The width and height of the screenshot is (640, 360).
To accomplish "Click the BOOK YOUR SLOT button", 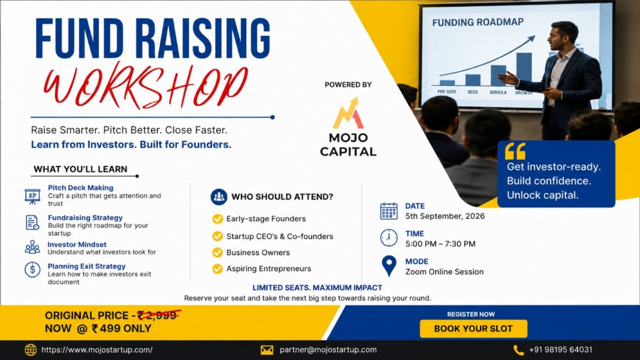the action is (474, 328).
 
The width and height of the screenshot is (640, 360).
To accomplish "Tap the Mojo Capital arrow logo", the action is (348, 113).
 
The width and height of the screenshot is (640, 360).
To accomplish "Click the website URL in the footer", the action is (97, 349).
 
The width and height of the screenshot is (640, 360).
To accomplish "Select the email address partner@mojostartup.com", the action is (328, 349).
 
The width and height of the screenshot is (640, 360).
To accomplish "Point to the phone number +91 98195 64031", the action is (560, 349).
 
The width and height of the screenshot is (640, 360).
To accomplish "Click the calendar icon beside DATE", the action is (389, 211).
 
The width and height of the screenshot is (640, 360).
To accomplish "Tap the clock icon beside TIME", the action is (389, 238).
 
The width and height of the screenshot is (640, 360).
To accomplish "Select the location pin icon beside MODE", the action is (389, 266).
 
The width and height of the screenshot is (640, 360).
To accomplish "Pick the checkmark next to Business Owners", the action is (218, 253).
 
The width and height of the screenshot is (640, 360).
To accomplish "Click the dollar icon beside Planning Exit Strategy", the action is (32, 269).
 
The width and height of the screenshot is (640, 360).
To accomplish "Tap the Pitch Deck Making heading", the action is (80, 188).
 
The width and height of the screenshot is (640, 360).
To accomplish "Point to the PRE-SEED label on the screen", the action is (447, 92).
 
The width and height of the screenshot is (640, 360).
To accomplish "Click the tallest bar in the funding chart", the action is (524, 69).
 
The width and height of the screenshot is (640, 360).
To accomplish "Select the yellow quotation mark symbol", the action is (515, 151).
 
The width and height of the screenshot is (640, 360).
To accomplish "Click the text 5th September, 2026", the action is (445, 216).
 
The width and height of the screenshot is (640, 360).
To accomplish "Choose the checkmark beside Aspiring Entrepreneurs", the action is (218, 269).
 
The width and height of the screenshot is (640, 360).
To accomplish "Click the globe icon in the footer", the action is (31, 349).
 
